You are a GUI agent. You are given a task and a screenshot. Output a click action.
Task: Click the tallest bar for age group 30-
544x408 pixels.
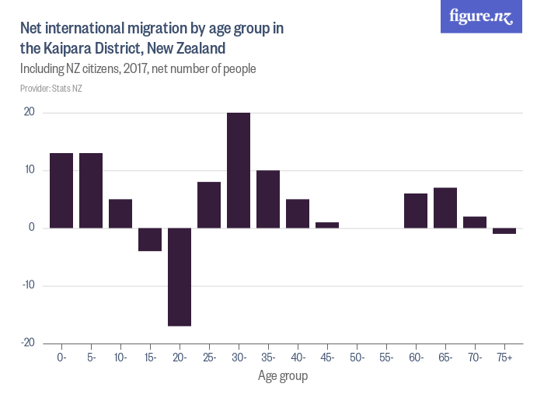pyautogui.click(x=239, y=170)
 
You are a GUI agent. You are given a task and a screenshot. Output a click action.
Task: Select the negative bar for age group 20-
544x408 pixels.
pyautogui.click(x=180, y=277)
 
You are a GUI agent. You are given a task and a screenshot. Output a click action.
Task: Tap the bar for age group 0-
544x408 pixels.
pyautogui.click(x=61, y=190)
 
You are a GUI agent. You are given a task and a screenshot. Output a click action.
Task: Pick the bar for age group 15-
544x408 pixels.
pyautogui.click(x=150, y=239)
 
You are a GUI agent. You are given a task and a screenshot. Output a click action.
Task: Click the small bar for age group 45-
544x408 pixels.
pyautogui.click(x=327, y=225)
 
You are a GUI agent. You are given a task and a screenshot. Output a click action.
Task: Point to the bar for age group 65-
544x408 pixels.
pyautogui.click(x=445, y=207)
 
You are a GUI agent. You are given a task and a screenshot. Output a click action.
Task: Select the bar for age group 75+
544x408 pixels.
pyautogui.click(x=504, y=231)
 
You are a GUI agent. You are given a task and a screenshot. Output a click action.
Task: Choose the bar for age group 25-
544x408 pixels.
pyautogui.click(x=209, y=204)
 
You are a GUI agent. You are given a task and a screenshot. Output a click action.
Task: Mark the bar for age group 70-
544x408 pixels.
pyautogui.click(x=475, y=222)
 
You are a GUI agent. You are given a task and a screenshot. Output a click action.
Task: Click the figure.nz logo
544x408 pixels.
pyautogui.click(x=481, y=16)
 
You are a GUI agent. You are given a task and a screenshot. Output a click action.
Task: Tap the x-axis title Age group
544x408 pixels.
pyautogui.click(x=283, y=376)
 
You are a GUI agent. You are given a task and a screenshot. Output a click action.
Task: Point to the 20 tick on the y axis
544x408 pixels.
pyautogui.click(x=29, y=113)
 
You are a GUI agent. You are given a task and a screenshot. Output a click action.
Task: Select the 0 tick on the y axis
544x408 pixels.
pyautogui.click(x=32, y=228)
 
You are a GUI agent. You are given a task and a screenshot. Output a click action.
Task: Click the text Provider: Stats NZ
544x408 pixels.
pyautogui.click(x=51, y=89)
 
